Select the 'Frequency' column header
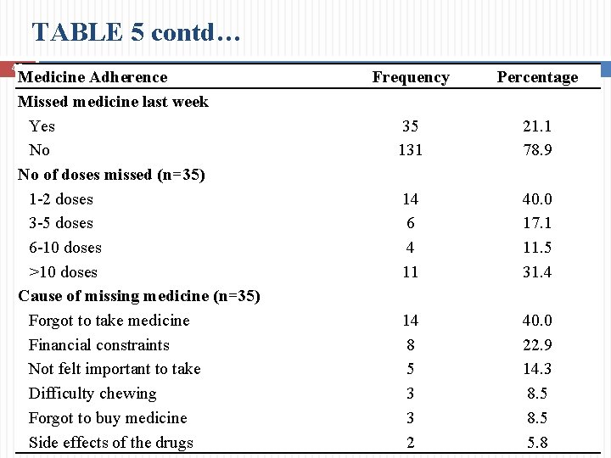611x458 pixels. tap(411, 77)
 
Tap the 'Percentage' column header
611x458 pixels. tap(537, 77)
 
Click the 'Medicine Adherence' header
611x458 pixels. tap(93, 77)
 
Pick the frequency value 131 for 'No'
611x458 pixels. tap(411, 150)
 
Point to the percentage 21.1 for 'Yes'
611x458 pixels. tap(537, 126)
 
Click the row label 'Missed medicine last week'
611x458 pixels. tap(114, 102)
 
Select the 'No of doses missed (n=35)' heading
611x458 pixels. tap(112, 175)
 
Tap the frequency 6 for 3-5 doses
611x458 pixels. tap(411, 223)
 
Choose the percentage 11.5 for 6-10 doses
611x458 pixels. tap(537, 248)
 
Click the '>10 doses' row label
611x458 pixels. tap(63, 272)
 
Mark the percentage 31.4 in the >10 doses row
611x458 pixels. tap(537, 272)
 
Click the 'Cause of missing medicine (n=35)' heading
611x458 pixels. tap(139, 296)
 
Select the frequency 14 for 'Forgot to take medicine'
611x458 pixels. tap(411, 321)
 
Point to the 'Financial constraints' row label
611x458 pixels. tap(98, 345)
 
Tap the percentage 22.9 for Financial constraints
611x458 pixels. tap(537, 345)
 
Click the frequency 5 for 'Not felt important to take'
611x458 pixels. tap(411, 369)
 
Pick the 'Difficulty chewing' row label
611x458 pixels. tap(92, 394)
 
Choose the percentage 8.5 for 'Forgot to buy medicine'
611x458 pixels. tap(537, 418)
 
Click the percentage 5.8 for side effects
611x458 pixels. tap(537, 443)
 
